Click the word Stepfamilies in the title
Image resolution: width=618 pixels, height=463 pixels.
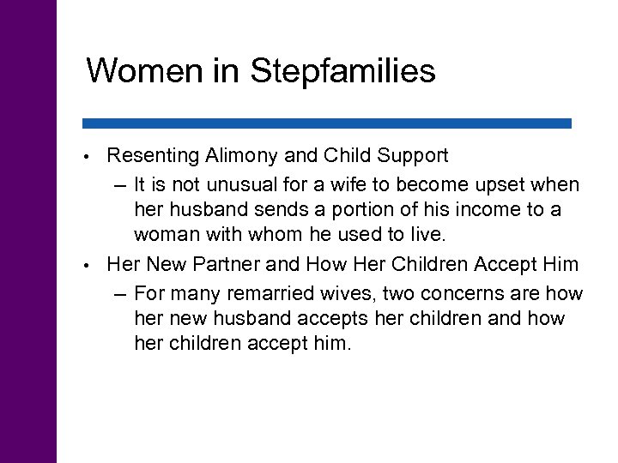click(x=343, y=72)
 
